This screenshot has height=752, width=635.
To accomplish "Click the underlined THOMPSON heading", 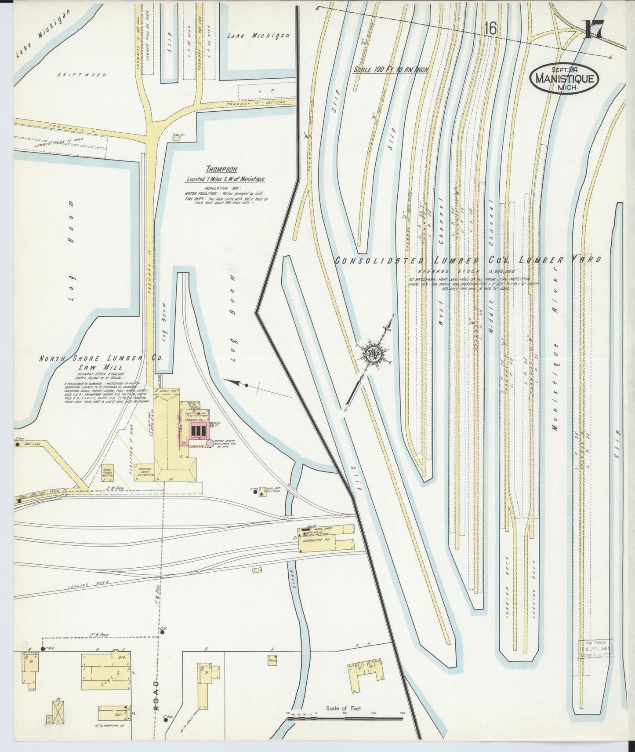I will pyautogui.click(x=216, y=169).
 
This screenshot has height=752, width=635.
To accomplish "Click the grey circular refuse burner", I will pyautogui.click(x=210, y=445).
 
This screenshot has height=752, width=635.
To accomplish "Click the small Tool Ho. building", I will pyautogui.click(x=177, y=138).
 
